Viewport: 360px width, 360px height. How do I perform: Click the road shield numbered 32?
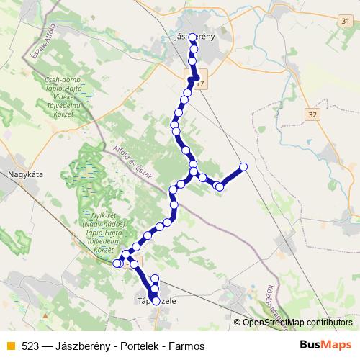tap(312, 114)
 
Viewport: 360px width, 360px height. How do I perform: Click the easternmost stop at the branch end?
tap(243, 167)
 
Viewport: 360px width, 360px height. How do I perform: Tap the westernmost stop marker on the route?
tap(117, 264)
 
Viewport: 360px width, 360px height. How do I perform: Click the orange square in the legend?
tap(10, 346)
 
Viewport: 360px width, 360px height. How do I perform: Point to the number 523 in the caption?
tap(30, 346)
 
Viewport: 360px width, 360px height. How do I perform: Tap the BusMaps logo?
tap(326, 345)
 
